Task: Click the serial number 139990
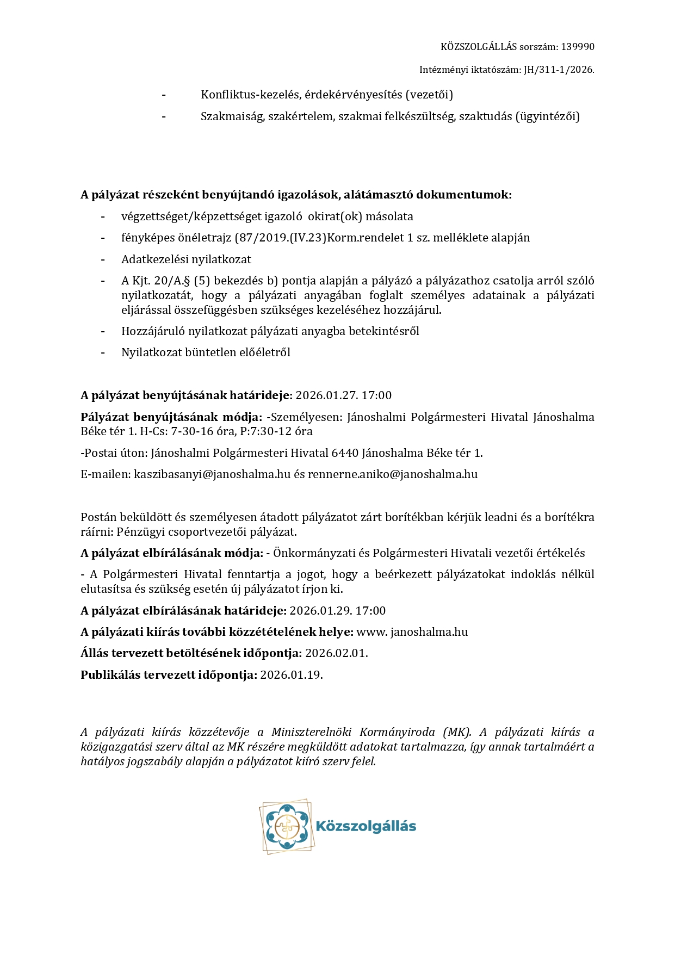tap(578, 47)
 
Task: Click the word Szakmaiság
tap(232, 116)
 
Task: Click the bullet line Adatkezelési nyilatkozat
tap(186, 259)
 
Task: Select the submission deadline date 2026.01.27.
tap(324, 395)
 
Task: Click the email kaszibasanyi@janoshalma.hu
tap(212, 474)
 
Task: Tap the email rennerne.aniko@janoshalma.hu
tap(393, 474)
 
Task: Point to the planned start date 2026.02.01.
tap(336, 653)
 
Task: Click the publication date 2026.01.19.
tap(292, 675)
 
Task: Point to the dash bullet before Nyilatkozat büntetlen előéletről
tap(102, 352)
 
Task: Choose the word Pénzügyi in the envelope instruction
tap(138, 532)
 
